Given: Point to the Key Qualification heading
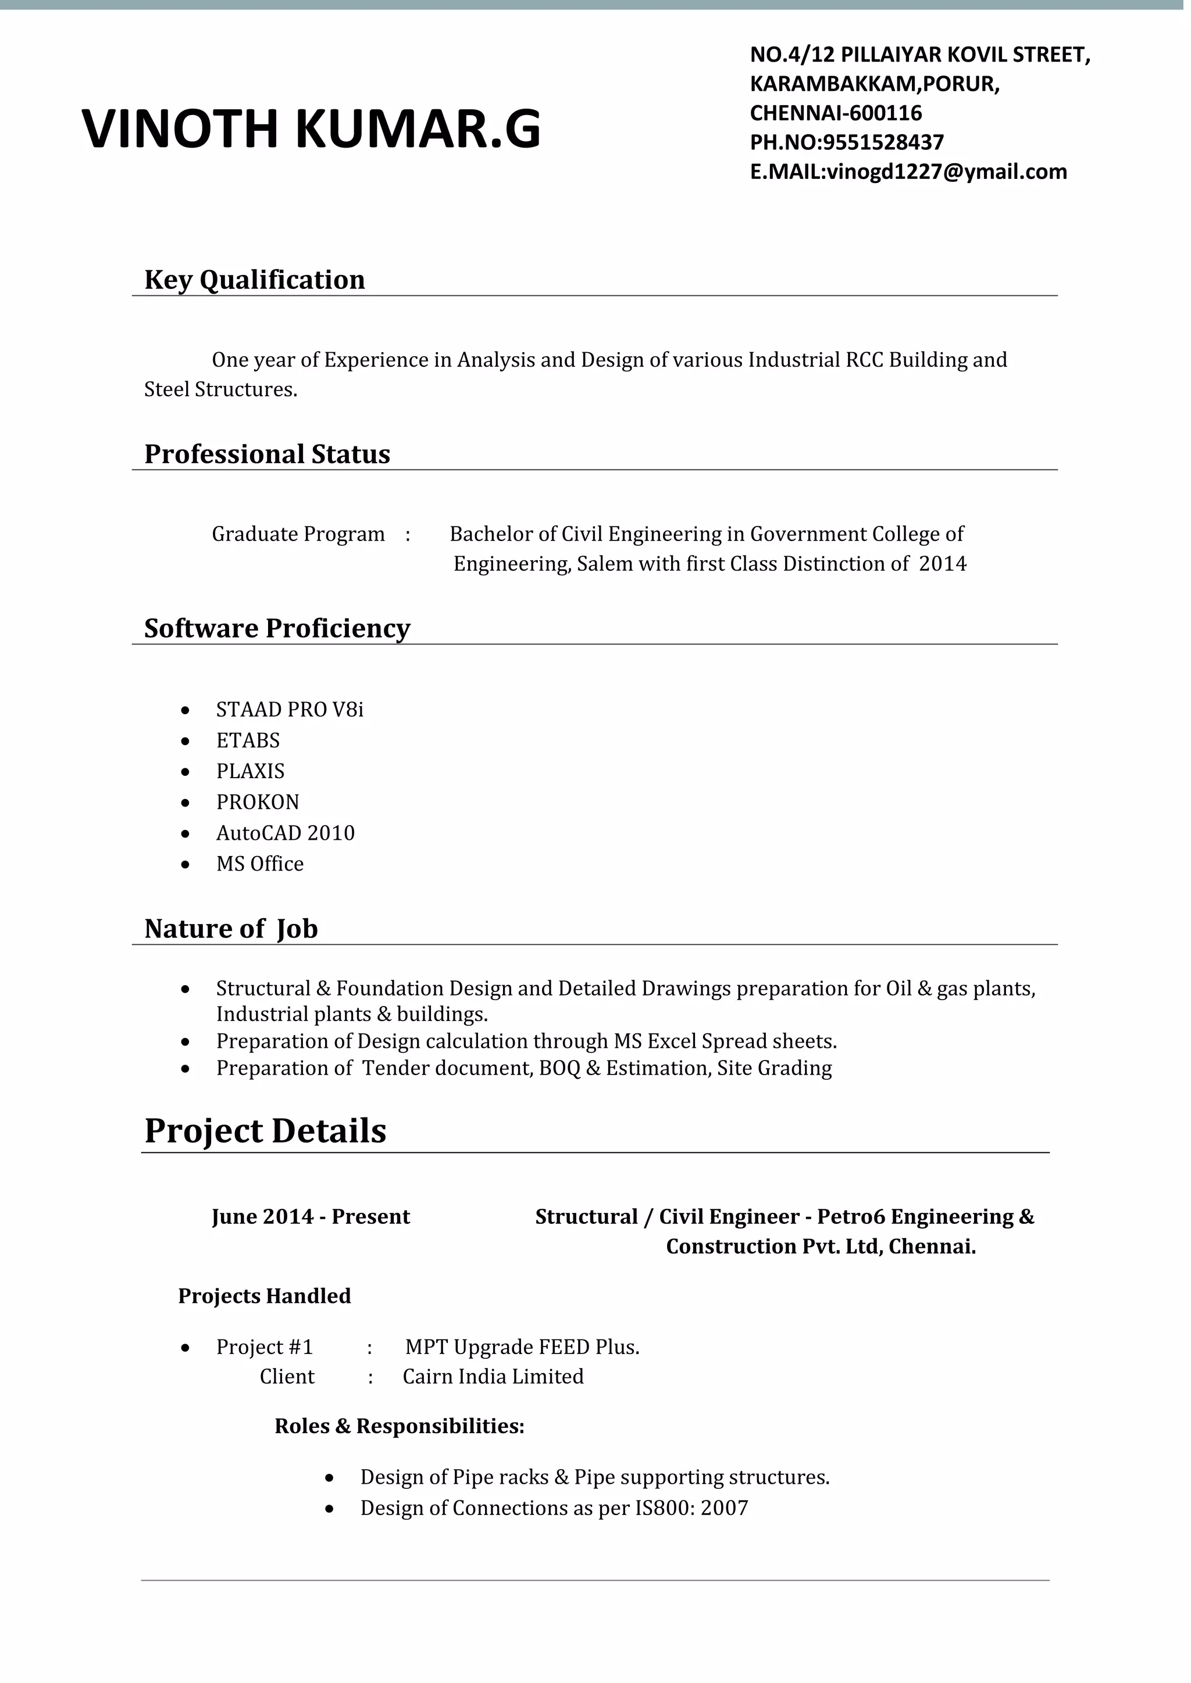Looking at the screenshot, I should (x=255, y=280).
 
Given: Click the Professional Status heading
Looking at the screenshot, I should (x=267, y=454).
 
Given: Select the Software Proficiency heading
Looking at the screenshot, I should (x=277, y=629).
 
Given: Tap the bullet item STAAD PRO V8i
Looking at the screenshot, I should (x=290, y=710).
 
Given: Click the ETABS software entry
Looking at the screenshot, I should (x=248, y=740).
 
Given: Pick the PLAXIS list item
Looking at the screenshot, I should (x=250, y=771).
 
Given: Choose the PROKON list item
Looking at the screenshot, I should (x=258, y=802).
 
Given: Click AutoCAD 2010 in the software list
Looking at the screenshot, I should (x=286, y=833).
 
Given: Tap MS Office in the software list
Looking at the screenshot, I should (x=259, y=864).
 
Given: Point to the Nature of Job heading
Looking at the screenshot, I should (x=231, y=929).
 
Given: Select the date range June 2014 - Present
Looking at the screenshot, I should (x=311, y=1217).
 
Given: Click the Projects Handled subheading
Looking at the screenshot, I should (x=265, y=1296).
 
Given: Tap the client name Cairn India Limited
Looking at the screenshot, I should (x=493, y=1377).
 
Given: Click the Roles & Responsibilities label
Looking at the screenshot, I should (x=399, y=1426).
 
